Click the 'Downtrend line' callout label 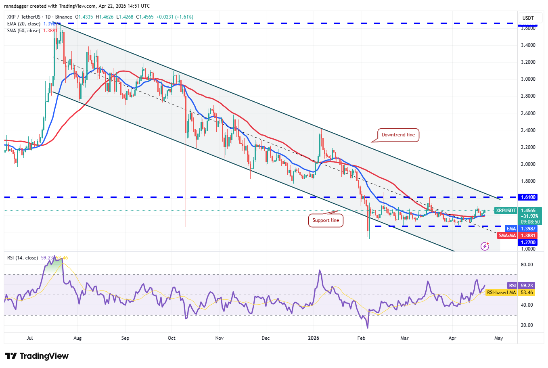pos(398,135)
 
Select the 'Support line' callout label pos(326,220)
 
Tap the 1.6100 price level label pos(528,197)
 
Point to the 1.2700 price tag pos(528,243)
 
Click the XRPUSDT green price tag pos(506,211)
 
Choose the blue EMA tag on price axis pos(511,229)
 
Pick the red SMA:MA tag pos(507,236)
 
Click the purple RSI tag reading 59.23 pos(512,286)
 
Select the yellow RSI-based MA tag pos(501,293)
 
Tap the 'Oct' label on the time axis pos(172,338)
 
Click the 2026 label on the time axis pos(314,338)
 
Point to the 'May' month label pos(499,338)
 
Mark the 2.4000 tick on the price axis pos(528,130)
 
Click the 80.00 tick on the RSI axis pos(527,265)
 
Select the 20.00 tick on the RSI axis pos(527,325)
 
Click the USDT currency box pos(528,18)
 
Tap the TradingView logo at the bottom pos(37,356)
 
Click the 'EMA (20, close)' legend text pos(24,24)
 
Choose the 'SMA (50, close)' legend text pos(24,31)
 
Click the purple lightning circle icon pos(485,246)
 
